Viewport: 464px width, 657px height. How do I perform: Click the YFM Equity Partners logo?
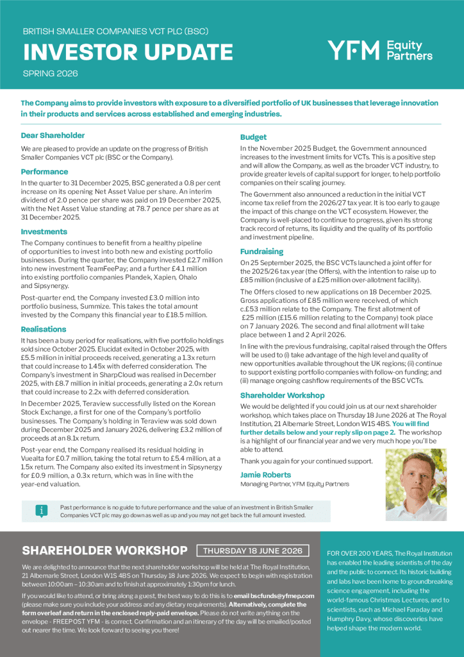click(380, 50)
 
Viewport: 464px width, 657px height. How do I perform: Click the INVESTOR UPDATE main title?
click(128, 52)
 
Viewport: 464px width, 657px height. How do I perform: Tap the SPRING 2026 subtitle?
click(50, 73)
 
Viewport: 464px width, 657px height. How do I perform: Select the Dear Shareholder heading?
click(53, 135)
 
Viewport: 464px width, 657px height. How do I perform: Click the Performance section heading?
click(44, 171)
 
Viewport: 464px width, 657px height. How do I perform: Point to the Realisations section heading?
click(44, 329)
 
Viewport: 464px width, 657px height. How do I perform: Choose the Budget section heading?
click(254, 137)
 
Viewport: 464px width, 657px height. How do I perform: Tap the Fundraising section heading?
click(261, 252)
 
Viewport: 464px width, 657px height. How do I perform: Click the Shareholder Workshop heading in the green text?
click(283, 395)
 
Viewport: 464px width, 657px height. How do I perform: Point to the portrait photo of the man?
click(416, 484)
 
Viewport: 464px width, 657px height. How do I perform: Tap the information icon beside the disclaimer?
click(42, 511)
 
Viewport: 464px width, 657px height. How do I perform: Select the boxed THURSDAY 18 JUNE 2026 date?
click(253, 550)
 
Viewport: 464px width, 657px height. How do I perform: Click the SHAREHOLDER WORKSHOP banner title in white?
click(104, 550)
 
